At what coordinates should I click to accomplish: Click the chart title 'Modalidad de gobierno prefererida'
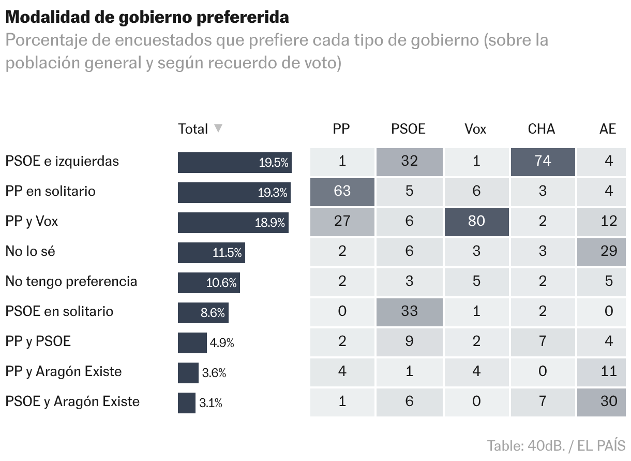pos(147,17)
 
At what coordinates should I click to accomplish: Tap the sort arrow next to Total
pos(218,128)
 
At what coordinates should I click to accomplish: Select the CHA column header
pos(541,129)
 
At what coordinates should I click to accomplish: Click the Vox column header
pos(475,129)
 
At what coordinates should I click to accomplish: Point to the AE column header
pos(608,129)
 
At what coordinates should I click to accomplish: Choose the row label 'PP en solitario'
pos(50,191)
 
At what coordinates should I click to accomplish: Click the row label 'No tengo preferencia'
pos(71,281)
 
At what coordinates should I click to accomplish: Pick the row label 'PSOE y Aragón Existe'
pos(72,401)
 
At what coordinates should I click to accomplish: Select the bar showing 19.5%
pos(235,162)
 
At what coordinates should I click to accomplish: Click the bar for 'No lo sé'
pos(211,253)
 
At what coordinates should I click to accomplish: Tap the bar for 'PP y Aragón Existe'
pos(188,373)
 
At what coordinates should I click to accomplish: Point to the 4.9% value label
pos(222,343)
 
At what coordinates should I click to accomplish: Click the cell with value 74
pos(542,161)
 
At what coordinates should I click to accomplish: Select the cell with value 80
pos(476,221)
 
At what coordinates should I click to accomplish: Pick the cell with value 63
pos(342,191)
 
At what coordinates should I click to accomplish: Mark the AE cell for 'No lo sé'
pos(608,251)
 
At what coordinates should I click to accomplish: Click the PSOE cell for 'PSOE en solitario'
pos(409,311)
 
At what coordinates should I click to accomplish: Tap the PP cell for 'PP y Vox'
pos(342,221)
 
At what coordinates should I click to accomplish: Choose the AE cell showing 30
pos(608,401)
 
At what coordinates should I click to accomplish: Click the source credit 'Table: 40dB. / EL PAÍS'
pos(556,445)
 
